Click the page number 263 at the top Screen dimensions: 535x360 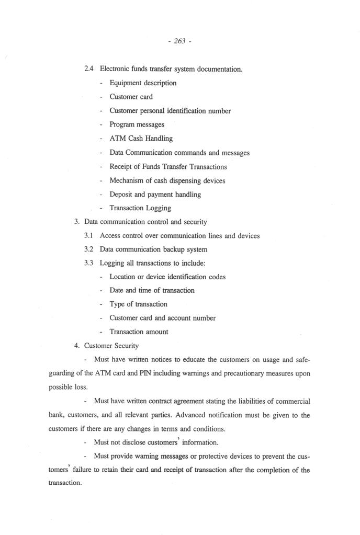[180, 42]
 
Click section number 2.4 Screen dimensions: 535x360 [89, 69]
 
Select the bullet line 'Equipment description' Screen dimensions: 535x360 [143, 83]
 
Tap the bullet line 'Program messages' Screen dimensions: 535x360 [137, 124]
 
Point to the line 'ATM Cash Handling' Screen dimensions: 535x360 [141, 139]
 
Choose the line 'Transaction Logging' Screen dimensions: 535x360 [140, 208]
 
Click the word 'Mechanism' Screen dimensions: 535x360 [127, 180]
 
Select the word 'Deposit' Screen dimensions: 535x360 [121, 194]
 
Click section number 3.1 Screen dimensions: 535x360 [89, 235]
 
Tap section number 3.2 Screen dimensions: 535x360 [89, 249]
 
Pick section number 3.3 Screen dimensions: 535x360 [89, 263]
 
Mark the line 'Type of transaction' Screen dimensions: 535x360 [138, 304]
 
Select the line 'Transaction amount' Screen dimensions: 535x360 [139, 332]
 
